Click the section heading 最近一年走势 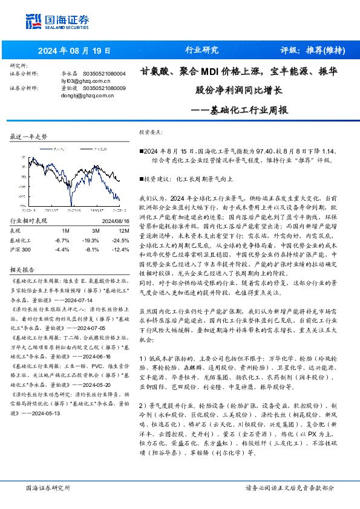28,138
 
